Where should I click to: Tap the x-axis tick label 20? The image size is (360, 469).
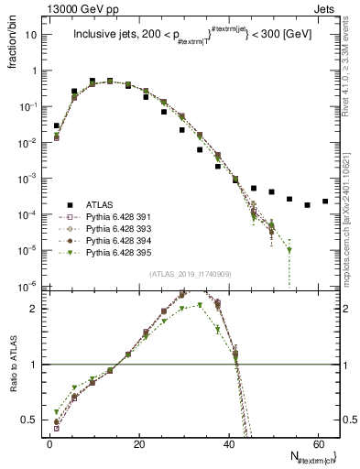pyautogui.click(x=138, y=443)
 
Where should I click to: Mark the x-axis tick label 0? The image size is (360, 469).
pyautogui.click(x=49, y=443)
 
